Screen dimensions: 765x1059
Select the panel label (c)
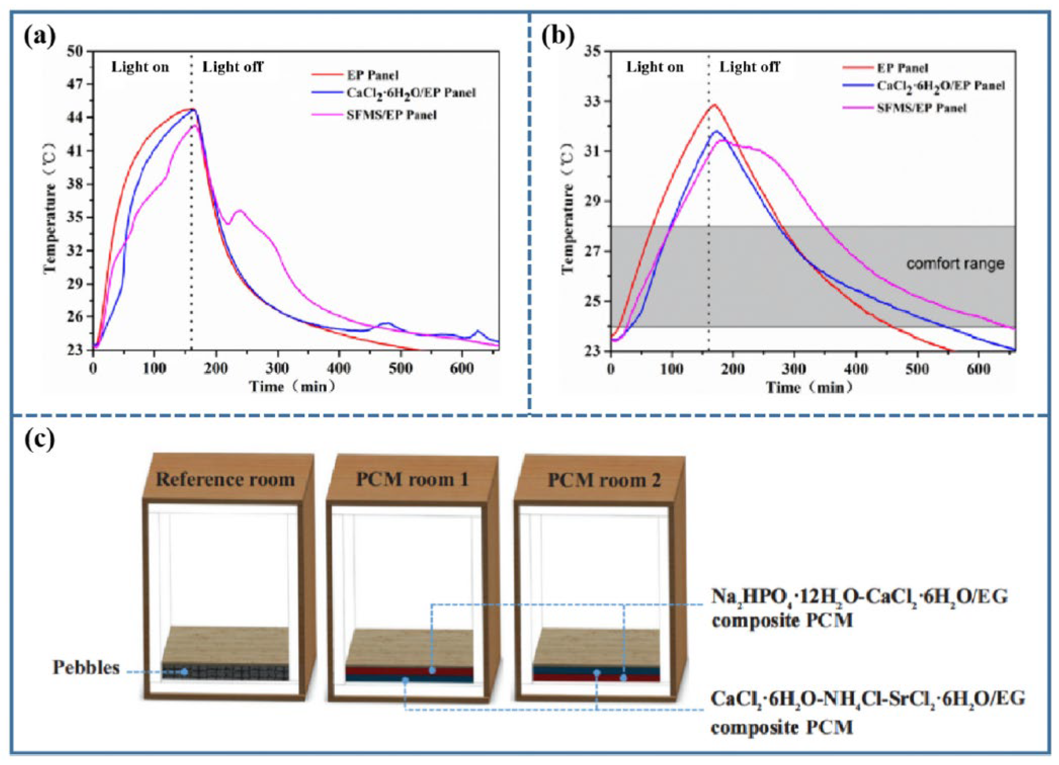click(39, 439)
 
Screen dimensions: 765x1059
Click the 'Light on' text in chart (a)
click(139, 67)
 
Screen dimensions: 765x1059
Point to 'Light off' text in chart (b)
click(749, 67)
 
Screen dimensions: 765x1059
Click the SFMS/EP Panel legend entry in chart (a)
click(391, 115)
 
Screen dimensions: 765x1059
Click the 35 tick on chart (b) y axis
click(594, 51)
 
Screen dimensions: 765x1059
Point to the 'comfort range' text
click(955, 264)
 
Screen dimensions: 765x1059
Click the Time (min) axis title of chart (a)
click(293, 387)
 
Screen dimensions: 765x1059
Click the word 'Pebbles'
click(86, 668)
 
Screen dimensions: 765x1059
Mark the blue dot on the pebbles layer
click(185, 672)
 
